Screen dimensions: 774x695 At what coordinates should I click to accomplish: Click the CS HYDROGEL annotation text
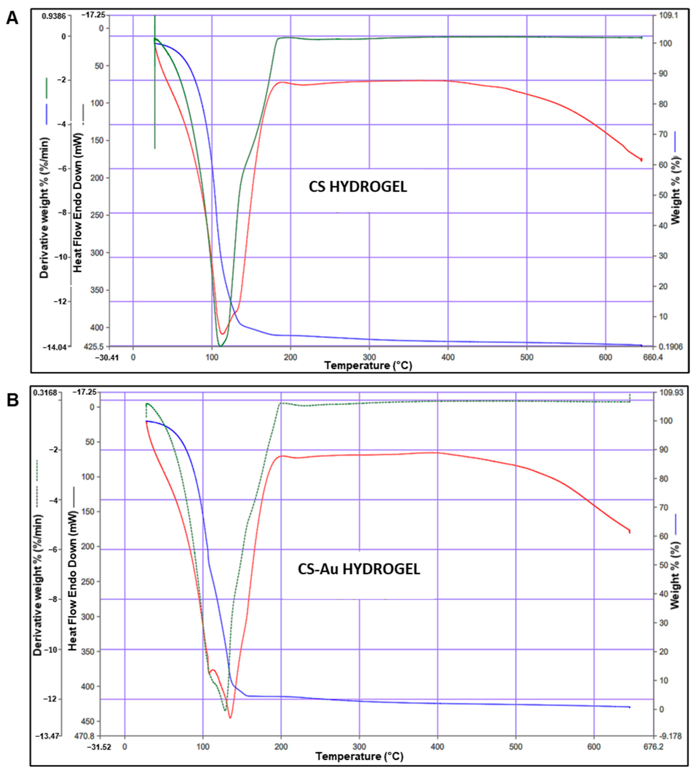coord(358,187)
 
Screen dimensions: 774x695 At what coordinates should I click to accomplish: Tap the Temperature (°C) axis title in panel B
coord(359,756)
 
